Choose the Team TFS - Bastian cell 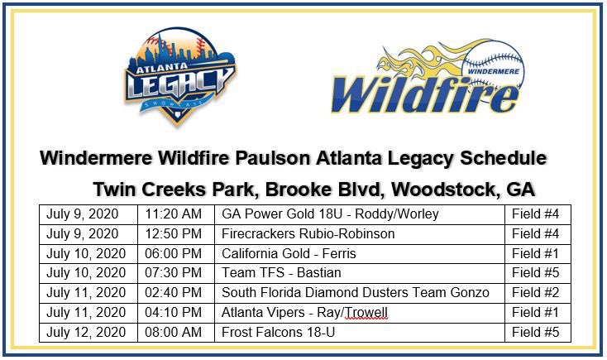coord(270,273)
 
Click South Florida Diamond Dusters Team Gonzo coord(356,292)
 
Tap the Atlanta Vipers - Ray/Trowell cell coord(304,312)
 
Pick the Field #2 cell coord(536,292)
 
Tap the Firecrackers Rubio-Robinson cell coord(308,233)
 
